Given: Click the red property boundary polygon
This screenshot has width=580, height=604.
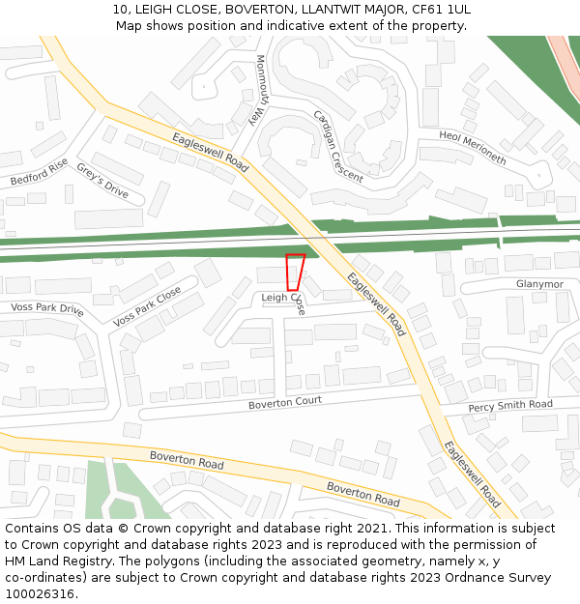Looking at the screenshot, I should [x=294, y=271].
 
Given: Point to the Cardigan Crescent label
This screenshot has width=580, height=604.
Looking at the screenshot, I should [x=337, y=146].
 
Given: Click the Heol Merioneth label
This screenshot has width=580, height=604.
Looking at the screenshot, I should [x=472, y=148].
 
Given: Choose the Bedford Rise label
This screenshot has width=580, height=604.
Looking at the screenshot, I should [x=40, y=172].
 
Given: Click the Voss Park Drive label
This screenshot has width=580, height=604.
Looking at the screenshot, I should [x=47, y=309].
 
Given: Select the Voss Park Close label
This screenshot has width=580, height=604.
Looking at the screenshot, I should [x=147, y=306].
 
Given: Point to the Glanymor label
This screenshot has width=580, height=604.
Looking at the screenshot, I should [x=539, y=284].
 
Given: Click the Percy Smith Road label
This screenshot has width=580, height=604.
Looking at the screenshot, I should [x=509, y=406].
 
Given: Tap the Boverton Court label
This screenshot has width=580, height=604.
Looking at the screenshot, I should [x=285, y=403].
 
